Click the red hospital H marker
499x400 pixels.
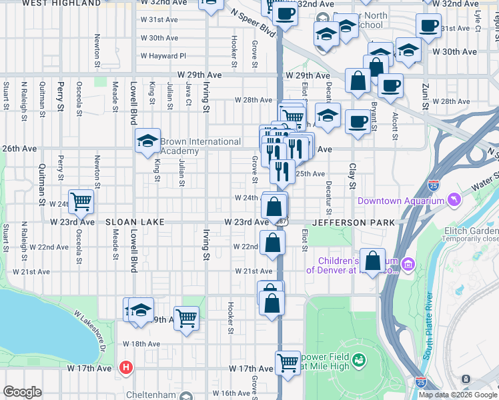click(x=125, y=367)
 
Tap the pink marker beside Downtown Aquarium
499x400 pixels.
click(x=454, y=200)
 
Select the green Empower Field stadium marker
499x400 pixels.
click(x=359, y=361)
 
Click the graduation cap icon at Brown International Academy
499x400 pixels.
click(x=147, y=140)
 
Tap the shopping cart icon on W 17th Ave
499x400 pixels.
click(x=288, y=363)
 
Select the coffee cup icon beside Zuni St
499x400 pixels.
click(x=428, y=26)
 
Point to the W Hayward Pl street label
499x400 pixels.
click(x=163, y=56)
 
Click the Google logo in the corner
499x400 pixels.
click(x=22, y=392)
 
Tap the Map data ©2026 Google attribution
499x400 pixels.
click(x=458, y=395)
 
